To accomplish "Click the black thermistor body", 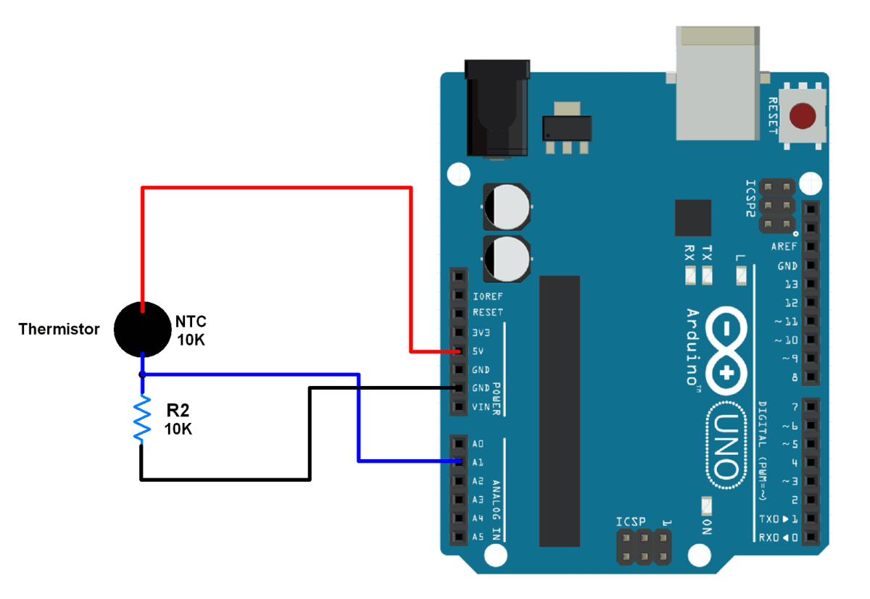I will (x=143, y=329).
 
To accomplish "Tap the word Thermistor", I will (x=59, y=330).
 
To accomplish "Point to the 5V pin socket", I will (x=457, y=351).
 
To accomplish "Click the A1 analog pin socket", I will (x=457, y=461).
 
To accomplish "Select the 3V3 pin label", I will (x=481, y=332).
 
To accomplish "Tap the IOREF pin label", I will (x=487, y=296).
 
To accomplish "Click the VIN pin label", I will (x=481, y=407).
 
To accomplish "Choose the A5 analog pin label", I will (x=478, y=537).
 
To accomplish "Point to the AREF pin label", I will (x=784, y=247).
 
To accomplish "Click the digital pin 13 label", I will (x=790, y=284).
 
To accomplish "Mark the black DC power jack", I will (x=497, y=109).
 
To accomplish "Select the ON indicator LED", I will (x=706, y=505).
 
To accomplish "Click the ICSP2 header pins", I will (x=777, y=206).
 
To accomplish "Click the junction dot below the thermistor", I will (x=143, y=374).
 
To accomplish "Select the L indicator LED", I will (x=740, y=275).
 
